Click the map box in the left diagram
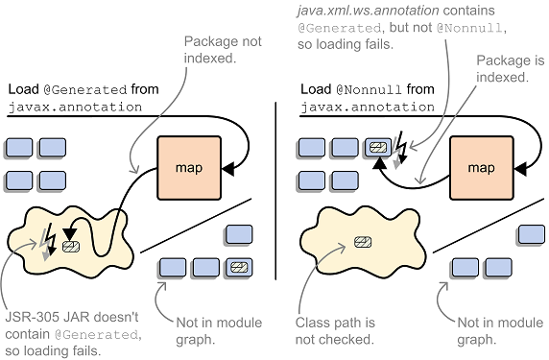[x=188, y=168]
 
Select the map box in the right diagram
[x=480, y=167]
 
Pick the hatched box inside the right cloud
[x=363, y=241]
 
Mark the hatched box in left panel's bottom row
[x=238, y=266]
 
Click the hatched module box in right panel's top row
[x=378, y=146]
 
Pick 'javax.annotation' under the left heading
[x=65, y=107]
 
